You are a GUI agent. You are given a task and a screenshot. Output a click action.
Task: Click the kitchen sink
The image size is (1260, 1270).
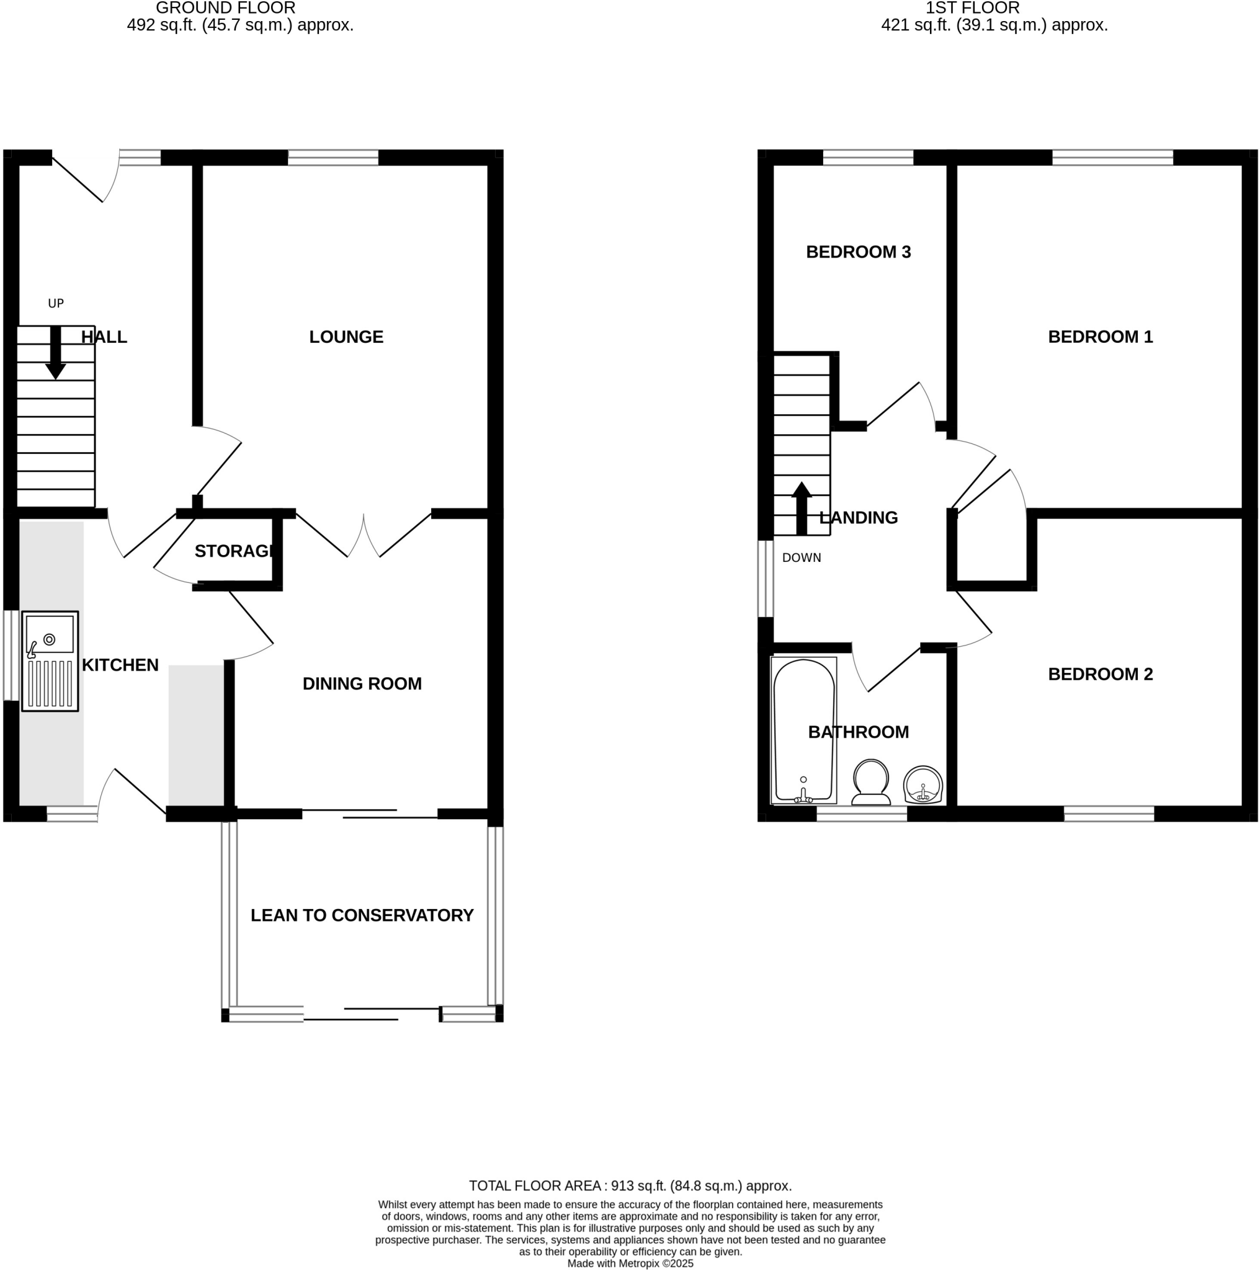pyautogui.click(x=50, y=660)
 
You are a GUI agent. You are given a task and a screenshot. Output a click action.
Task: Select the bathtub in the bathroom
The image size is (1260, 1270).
pyautogui.click(x=803, y=730)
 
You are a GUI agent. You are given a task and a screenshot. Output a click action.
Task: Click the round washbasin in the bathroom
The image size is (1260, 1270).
pyautogui.click(x=923, y=785)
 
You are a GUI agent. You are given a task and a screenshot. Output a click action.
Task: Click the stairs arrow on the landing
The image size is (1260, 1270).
pyautogui.click(x=801, y=508)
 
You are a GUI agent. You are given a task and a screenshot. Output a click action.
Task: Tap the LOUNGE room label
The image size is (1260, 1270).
pyautogui.click(x=346, y=337)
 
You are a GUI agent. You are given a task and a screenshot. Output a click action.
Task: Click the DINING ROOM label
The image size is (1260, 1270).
pyautogui.click(x=362, y=683)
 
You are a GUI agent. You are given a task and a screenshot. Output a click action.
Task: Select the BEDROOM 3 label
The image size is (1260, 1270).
pyautogui.click(x=858, y=252)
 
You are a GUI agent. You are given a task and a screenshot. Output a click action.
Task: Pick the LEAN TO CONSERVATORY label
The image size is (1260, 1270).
pyautogui.click(x=362, y=915)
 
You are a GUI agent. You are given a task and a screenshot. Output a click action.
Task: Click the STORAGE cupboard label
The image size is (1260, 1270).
pyautogui.click(x=233, y=551)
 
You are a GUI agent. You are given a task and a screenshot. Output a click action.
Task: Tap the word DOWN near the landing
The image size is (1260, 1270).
pyautogui.click(x=801, y=558)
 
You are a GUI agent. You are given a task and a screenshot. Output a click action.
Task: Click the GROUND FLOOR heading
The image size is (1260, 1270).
pyautogui.click(x=226, y=9)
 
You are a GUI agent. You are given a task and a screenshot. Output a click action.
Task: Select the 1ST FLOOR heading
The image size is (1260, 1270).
pyautogui.click(x=972, y=9)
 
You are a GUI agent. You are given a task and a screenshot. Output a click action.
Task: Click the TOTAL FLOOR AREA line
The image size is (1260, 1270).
pyautogui.click(x=630, y=1186)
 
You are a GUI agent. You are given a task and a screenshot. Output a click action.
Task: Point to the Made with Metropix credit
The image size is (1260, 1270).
pyautogui.click(x=630, y=1263)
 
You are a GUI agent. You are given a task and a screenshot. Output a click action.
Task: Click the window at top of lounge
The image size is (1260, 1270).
pyautogui.click(x=333, y=158)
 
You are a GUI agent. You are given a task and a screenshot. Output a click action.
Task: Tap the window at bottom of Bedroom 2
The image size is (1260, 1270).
pyautogui.click(x=1109, y=814)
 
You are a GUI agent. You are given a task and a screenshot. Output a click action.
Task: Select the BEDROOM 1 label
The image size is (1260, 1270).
pyautogui.click(x=1099, y=337)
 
